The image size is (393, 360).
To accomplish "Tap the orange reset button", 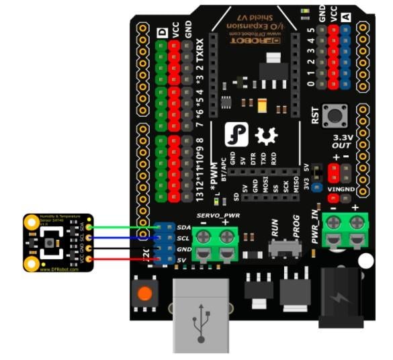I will pos(144,294).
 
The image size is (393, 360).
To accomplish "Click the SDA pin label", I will pos(182,228).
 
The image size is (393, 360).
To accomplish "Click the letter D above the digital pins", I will pos(162,32).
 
